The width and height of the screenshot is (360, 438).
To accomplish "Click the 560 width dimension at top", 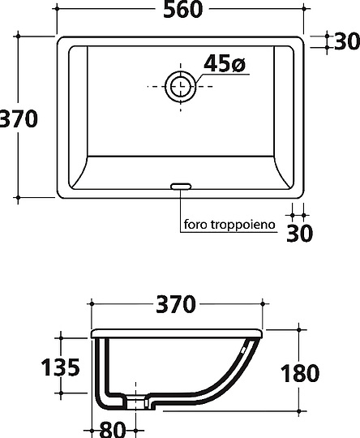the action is point(182,9).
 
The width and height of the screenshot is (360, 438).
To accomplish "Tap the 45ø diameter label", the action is point(225,63).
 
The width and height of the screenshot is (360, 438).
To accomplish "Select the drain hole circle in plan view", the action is point(181,86).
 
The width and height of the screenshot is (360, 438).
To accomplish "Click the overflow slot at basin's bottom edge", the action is point(181,187).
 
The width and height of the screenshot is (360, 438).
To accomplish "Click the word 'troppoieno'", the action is point(242,225).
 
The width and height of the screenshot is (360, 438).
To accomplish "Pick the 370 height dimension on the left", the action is point(18,118).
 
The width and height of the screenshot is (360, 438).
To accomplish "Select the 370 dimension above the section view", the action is point(176,304).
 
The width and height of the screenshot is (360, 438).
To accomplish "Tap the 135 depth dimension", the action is point(60,367).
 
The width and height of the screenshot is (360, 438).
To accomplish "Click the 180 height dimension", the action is point(300,373).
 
